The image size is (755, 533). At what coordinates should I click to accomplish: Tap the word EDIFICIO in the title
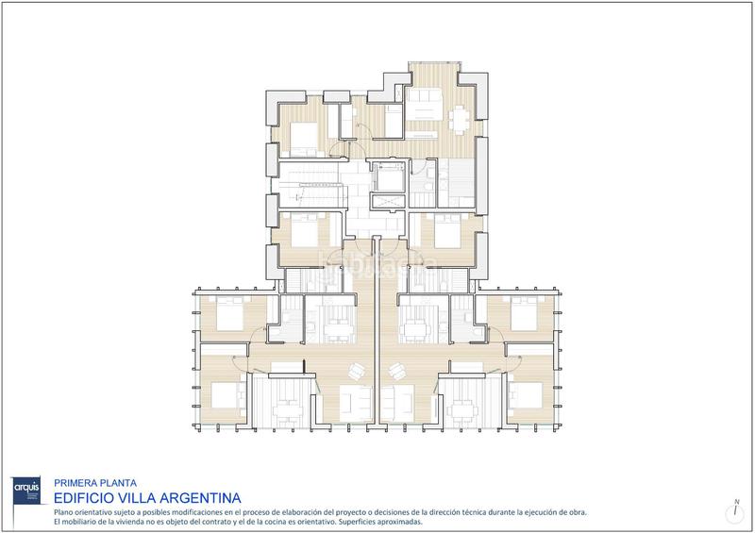[84, 496]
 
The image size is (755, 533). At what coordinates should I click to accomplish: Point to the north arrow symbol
[735, 510]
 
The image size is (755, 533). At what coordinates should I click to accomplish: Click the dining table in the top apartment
[460, 119]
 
